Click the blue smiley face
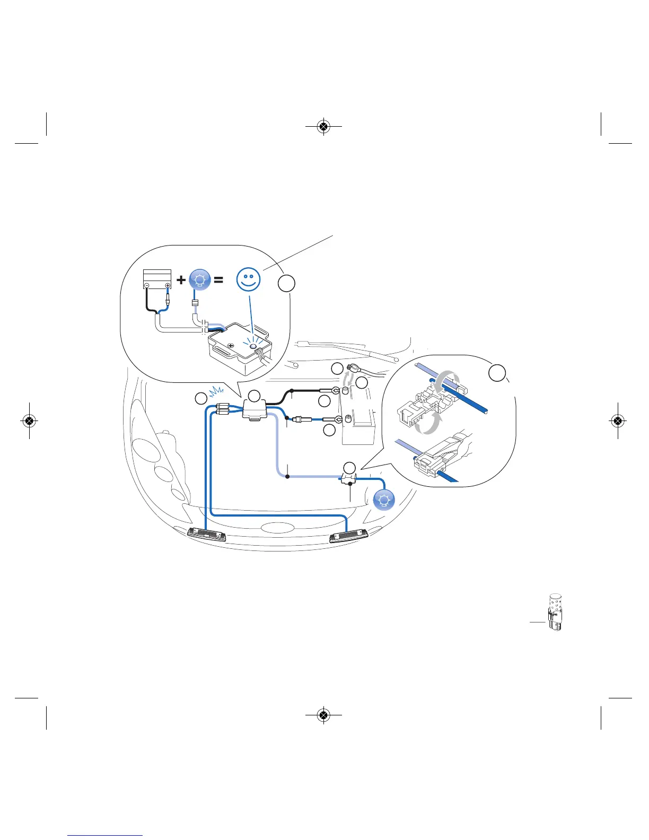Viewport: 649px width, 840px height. click(x=248, y=279)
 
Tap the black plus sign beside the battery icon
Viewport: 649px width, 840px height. click(x=181, y=279)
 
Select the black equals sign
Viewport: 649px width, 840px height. click(x=218, y=279)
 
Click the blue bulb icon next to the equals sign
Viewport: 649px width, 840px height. click(x=200, y=279)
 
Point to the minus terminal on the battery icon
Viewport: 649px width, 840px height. click(x=147, y=286)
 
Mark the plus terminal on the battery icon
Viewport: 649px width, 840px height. click(x=168, y=286)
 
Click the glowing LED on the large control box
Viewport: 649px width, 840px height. click(x=253, y=346)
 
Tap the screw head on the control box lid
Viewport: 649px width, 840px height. click(x=231, y=346)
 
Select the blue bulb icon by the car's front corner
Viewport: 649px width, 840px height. click(x=384, y=500)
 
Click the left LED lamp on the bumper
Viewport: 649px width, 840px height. click(x=207, y=534)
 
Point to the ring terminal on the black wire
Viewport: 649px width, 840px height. click(x=336, y=391)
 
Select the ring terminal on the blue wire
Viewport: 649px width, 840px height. click(x=338, y=420)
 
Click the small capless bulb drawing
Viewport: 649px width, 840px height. click(x=555, y=612)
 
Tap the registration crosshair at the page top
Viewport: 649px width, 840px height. click(x=323, y=127)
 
